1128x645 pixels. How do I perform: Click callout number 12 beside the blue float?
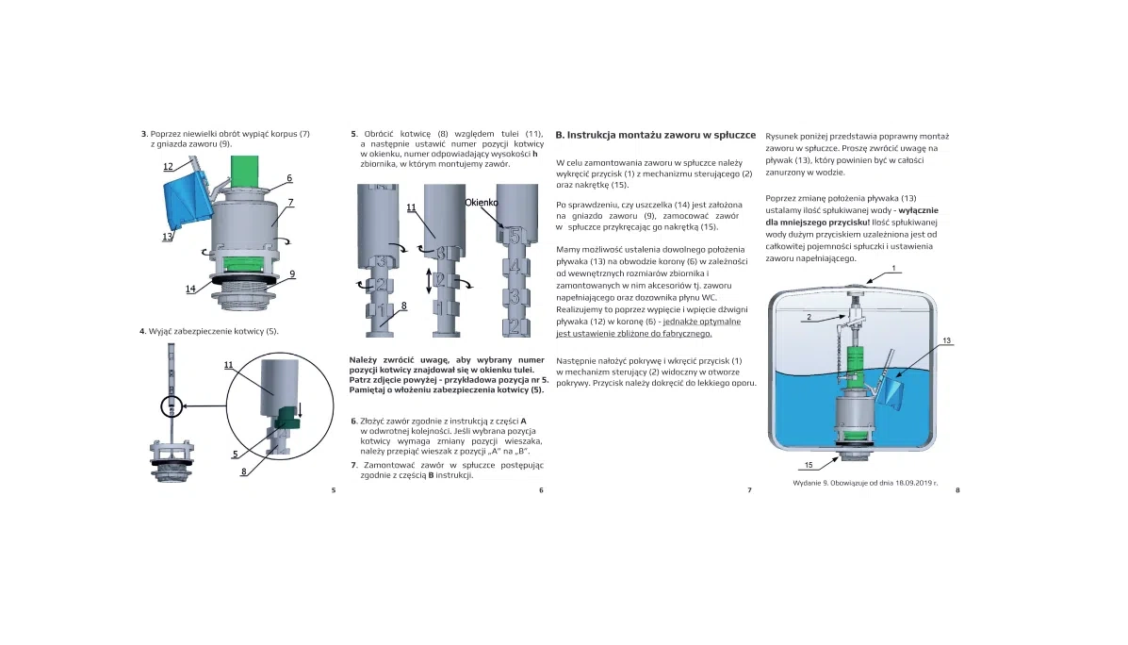click(167, 167)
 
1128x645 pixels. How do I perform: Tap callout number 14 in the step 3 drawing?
click(190, 289)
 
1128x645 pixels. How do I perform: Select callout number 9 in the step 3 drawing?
click(293, 273)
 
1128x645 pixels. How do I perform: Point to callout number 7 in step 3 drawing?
click(291, 202)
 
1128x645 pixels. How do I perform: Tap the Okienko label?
click(481, 203)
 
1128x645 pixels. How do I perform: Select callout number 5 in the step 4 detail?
click(235, 454)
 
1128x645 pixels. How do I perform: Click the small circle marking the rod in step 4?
click(171, 406)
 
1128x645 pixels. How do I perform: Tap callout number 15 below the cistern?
click(808, 466)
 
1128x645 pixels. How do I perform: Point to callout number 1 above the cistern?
click(893, 268)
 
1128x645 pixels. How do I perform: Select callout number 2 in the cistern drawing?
click(809, 318)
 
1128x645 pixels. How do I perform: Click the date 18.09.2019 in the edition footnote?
click(902, 482)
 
